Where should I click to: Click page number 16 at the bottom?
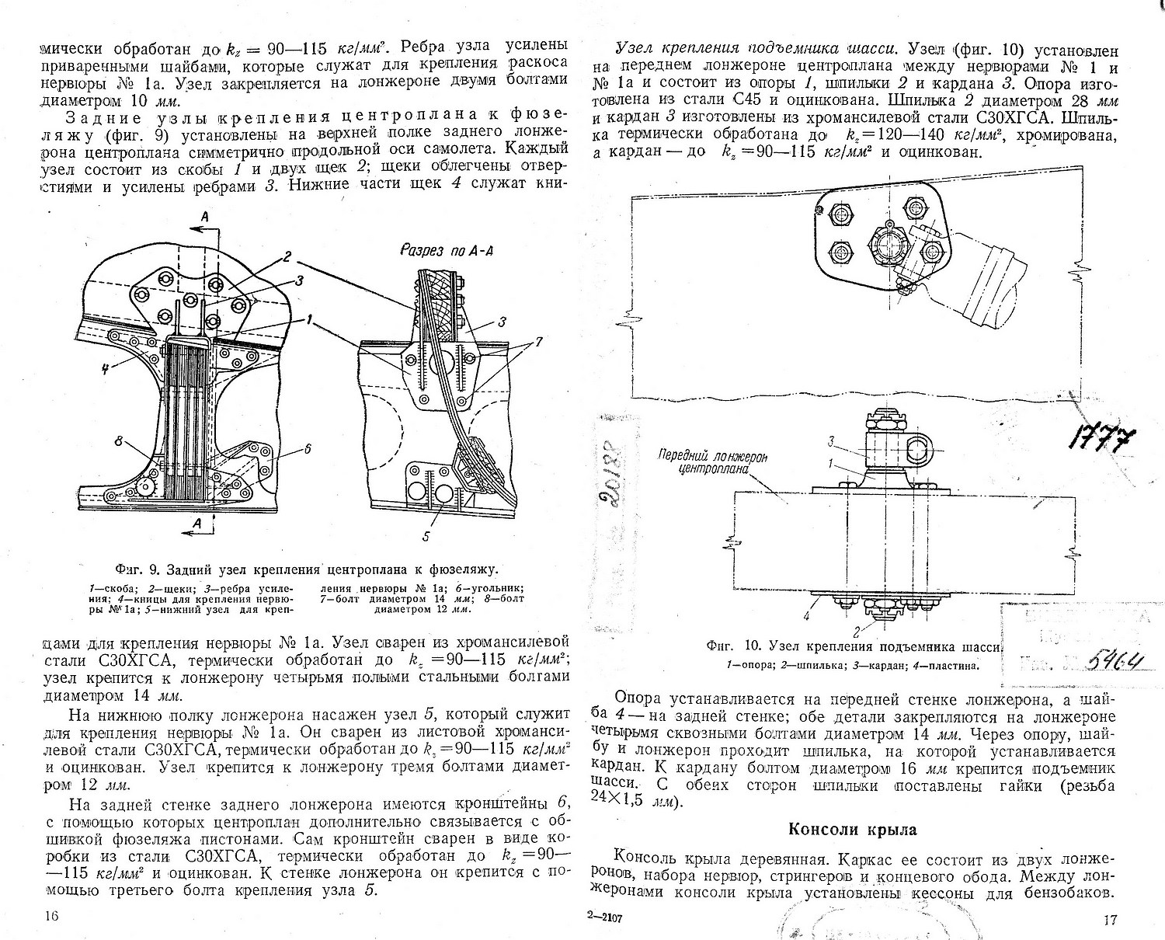[x=51, y=916]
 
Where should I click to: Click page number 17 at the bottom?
[x=1109, y=921]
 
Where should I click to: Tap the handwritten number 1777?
[x=1099, y=440]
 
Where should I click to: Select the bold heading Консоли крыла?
[x=853, y=830]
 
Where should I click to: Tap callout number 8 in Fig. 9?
[x=119, y=442]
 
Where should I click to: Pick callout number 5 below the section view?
[x=426, y=535]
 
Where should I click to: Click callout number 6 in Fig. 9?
[x=307, y=448]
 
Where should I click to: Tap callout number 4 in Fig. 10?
[x=806, y=616]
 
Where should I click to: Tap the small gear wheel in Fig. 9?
[x=145, y=487]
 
